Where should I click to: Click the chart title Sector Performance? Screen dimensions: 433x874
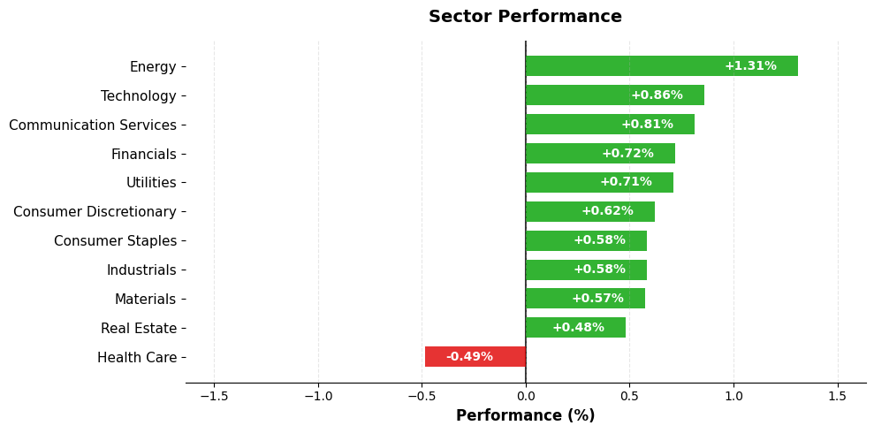[525, 17]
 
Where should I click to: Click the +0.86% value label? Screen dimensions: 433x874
[657, 95]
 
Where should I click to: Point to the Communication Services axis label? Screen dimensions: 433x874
[93, 125]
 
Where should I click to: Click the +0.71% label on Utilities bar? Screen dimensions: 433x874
[626, 182]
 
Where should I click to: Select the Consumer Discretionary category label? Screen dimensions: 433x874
[95, 212]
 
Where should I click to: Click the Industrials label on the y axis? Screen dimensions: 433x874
[141, 270]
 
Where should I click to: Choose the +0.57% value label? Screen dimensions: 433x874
[597, 299]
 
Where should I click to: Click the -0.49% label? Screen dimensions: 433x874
[469, 357]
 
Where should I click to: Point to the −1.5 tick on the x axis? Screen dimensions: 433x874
[214, 396]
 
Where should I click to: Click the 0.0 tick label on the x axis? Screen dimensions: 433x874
[526, 396]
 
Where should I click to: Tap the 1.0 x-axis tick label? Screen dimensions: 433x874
[733, 396]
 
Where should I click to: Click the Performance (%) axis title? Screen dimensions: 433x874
[525, 415]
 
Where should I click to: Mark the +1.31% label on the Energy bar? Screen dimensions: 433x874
[750, 66]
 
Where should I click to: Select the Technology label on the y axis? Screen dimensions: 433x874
[139, 96]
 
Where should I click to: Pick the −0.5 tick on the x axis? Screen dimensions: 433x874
[422, 396]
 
